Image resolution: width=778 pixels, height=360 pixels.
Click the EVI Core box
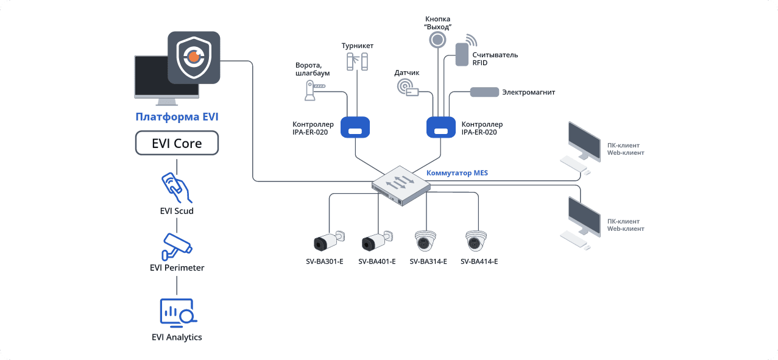click(x=177, y=144)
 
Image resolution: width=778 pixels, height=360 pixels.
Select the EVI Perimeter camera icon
click(x=177, y=245)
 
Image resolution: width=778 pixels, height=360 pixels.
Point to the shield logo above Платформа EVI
click(x=194, y=57)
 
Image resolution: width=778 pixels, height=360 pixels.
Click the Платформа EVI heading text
click(x=177, y=117)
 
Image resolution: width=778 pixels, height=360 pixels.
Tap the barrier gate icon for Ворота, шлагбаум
click(x=313, y=91)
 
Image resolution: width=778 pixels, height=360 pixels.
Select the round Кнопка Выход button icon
click(x=437, y=40)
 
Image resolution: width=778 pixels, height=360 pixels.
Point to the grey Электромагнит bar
click(x=483, y=93)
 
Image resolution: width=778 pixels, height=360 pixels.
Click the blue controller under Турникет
click(x=356, y=127)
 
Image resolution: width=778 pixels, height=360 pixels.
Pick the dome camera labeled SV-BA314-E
click(x=426, y=241)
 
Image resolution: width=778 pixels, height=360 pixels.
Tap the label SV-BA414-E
click(x=479, y=262)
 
